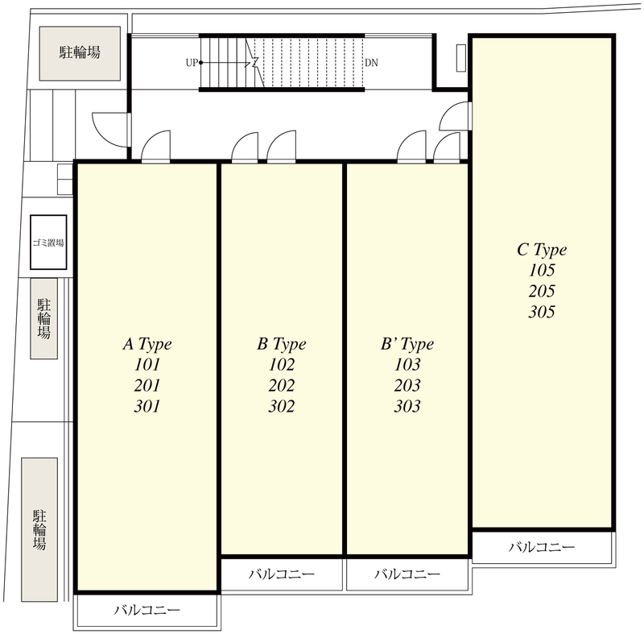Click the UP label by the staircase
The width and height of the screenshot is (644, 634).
(192, 63)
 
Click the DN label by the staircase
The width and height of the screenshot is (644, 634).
(371, 63)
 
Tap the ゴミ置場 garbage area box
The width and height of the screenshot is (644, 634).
(48, 242)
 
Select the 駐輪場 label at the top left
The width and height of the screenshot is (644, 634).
(80, 52)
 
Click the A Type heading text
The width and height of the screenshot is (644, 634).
(147, 344)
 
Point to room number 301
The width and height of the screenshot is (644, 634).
(147, 406)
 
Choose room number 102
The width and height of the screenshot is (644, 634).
(282, 364)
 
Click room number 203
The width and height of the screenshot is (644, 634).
(407, 385)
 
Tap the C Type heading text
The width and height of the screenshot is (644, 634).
(542, 250)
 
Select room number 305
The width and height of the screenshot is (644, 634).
(542, 312)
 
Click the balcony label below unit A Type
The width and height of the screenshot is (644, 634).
(147, 609)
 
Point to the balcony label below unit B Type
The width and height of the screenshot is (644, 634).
(282, 574)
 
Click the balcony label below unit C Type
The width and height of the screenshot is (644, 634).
(542, 547)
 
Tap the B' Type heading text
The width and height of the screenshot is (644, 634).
(407, 344)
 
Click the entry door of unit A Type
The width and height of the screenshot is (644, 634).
(155, 147)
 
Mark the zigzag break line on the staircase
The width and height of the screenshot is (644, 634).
(254, 63)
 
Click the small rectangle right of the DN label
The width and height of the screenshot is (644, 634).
(460, 58)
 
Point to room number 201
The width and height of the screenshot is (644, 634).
(147, 385)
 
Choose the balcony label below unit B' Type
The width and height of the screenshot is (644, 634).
(407, 574)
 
